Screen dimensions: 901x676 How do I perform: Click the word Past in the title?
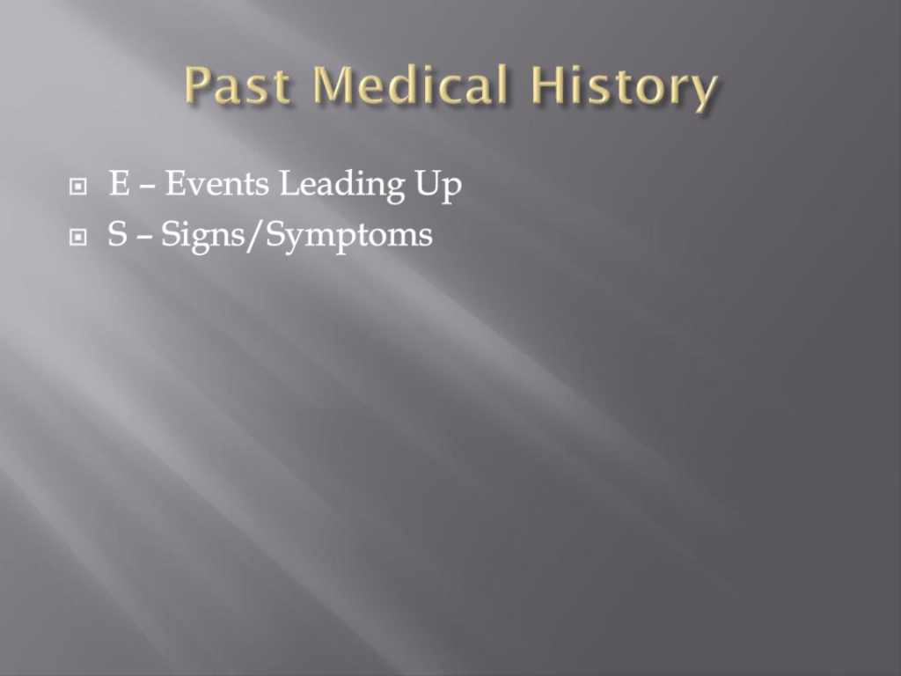238,84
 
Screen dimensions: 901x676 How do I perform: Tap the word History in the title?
624,88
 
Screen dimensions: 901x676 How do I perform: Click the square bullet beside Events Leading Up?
77,187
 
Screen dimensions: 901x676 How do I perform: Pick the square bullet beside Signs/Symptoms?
77,237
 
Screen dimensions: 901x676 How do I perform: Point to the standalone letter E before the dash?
120,183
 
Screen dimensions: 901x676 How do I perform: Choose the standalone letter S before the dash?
118,234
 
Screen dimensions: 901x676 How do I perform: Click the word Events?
217,183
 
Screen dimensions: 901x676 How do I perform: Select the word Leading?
342,187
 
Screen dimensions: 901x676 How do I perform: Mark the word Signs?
203,237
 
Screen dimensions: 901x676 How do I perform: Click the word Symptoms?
348,237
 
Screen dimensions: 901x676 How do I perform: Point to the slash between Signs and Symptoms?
255,236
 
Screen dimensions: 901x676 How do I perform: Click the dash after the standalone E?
147,187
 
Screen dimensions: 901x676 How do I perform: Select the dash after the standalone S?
144,238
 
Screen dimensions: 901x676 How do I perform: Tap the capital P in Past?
198,84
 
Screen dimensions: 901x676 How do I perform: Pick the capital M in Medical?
333,84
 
